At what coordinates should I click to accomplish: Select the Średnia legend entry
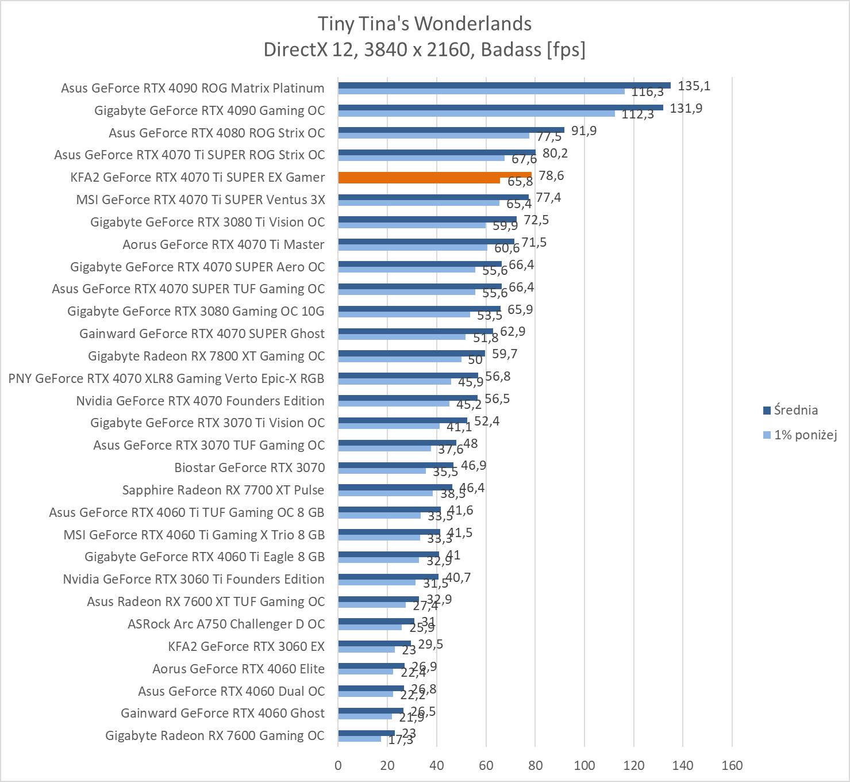coord(795,411)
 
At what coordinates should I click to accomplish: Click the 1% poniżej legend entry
coord(805,435)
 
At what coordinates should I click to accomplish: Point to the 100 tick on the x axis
coord(584,765)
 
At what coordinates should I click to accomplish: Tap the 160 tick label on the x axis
coord(732,765)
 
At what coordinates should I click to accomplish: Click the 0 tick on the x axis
coord(338,765)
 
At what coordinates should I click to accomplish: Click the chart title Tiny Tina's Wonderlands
coord(425,24)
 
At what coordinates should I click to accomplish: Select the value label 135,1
coord(694,86)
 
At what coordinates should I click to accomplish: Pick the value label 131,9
coord(686,109)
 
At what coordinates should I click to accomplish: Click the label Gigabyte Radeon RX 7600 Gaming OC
coord(215,736)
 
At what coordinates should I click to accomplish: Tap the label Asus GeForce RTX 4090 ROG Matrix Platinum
coord(193,89)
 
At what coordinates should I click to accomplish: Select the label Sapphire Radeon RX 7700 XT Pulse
coord(223,490)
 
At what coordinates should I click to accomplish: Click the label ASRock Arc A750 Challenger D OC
coord(226,624)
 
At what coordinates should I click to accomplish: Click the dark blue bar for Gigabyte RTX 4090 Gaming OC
coord(500,108)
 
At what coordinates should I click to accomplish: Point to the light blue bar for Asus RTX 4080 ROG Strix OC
coord(433,136)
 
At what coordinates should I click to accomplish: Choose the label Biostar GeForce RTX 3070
coord(249,468)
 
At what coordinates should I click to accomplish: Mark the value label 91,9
coord(583,131)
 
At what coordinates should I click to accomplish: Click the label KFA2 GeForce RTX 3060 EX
coord(246,647)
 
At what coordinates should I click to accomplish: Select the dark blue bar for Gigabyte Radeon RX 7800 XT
coord(411,353)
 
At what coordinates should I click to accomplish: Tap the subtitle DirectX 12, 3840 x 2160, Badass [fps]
coord(425,50)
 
